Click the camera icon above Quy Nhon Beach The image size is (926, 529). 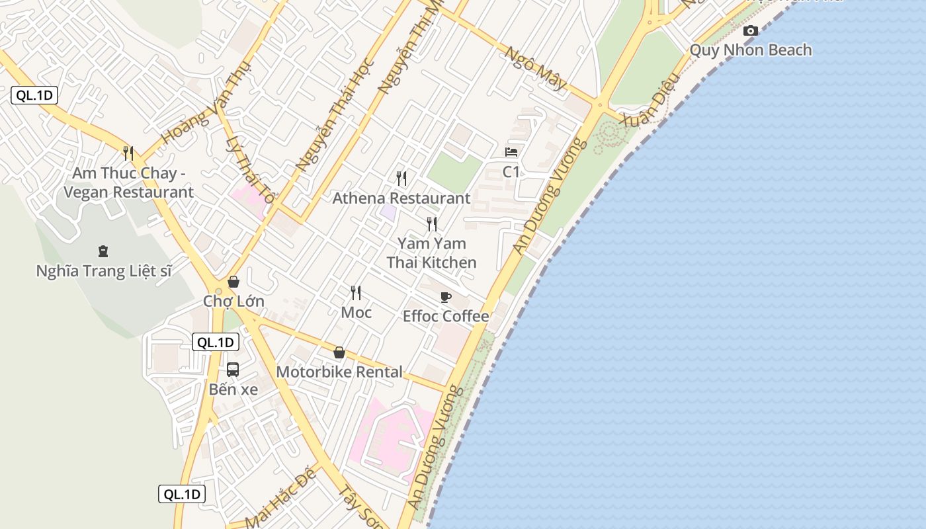tap(751, 30)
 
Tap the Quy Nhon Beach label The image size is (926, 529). tap(751, 50)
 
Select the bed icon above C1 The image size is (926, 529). tap(511, 152)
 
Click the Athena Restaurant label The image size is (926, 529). tap(401, 198)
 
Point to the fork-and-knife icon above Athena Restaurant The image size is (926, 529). tap(401, 178)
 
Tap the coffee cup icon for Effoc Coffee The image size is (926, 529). tap(446, 297)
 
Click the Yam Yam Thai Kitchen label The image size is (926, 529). tap(431, 253)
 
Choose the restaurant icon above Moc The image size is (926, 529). tap(356, 292)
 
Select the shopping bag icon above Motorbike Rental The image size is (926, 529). tap(339, 352)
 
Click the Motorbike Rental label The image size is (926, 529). tap(339, 372)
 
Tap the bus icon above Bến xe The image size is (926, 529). tap(233, 370)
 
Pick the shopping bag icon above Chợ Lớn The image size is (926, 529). tap(233, 282)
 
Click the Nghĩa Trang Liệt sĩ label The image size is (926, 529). tap(104, 271)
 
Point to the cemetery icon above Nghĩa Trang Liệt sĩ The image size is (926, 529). tap(103, 251)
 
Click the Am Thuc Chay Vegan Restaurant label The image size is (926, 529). tap(128, 183)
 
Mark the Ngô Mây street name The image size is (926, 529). tap(536, 67)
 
